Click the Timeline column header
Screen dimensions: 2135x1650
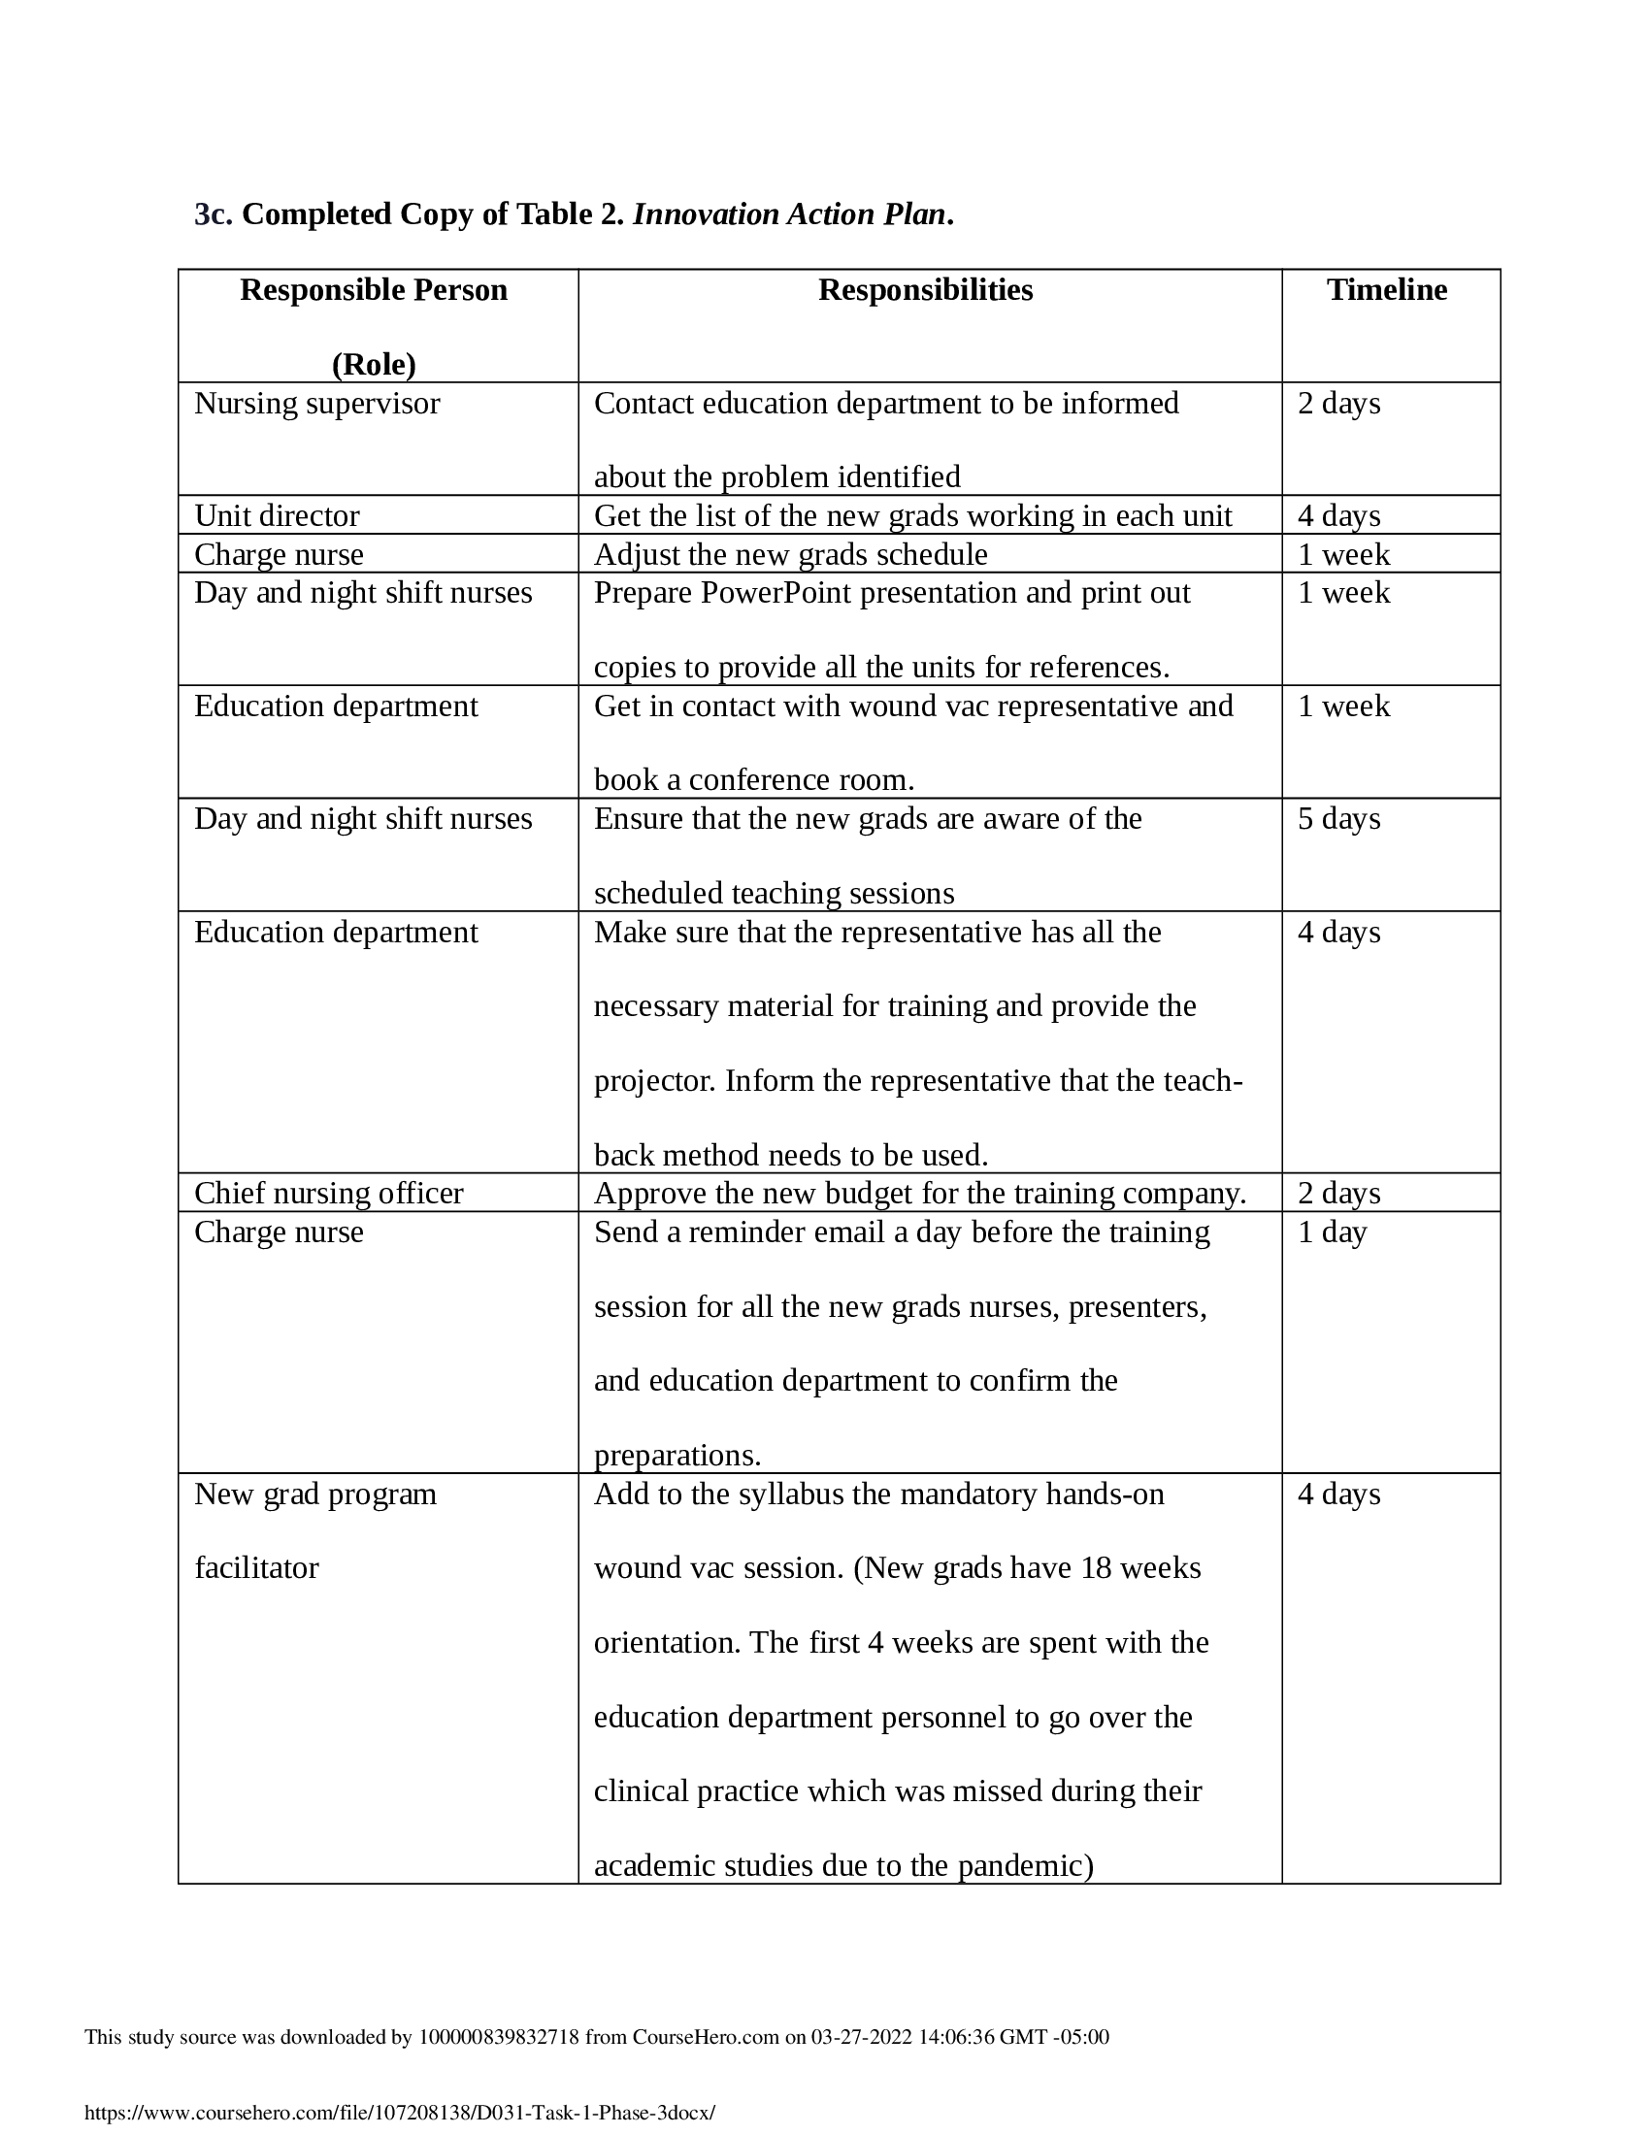[1386, 290]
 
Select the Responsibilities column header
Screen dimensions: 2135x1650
[925, 290]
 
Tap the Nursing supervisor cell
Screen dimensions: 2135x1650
[316, 404]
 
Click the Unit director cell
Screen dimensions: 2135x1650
[277, 516]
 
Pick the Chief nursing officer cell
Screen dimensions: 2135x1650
[328, 1194]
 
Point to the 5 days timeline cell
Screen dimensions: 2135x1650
[1338, 819]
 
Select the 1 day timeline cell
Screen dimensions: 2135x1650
[1332, 1232]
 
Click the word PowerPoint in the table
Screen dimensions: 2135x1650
[775, 593]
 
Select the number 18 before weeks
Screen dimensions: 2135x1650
[1096, 1568]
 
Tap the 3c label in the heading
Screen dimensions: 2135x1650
[214, 214]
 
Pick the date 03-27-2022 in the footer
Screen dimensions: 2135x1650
[860, 2037]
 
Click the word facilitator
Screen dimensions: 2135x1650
[256, 1568]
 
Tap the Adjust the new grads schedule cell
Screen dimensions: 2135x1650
[790, 555]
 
